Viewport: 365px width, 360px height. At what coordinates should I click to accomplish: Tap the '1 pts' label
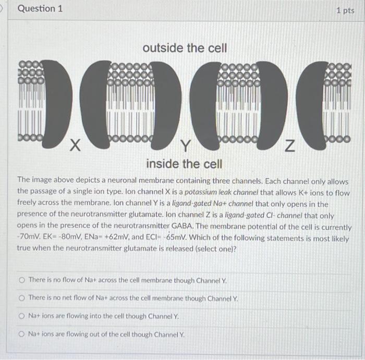pos(345,10)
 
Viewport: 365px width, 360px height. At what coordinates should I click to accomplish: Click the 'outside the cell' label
pos(185,48)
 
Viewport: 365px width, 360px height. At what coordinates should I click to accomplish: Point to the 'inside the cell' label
pos(184,164)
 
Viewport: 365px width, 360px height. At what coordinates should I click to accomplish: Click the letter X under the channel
pos(75,147)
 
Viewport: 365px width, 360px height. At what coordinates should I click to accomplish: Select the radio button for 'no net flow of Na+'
pos(21,298)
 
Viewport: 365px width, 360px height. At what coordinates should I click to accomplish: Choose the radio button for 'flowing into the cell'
pos(21,316)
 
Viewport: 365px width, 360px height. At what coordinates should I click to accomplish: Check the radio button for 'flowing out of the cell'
pos(21,334)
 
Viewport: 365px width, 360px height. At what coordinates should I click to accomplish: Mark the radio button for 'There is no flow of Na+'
pos(21,280)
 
